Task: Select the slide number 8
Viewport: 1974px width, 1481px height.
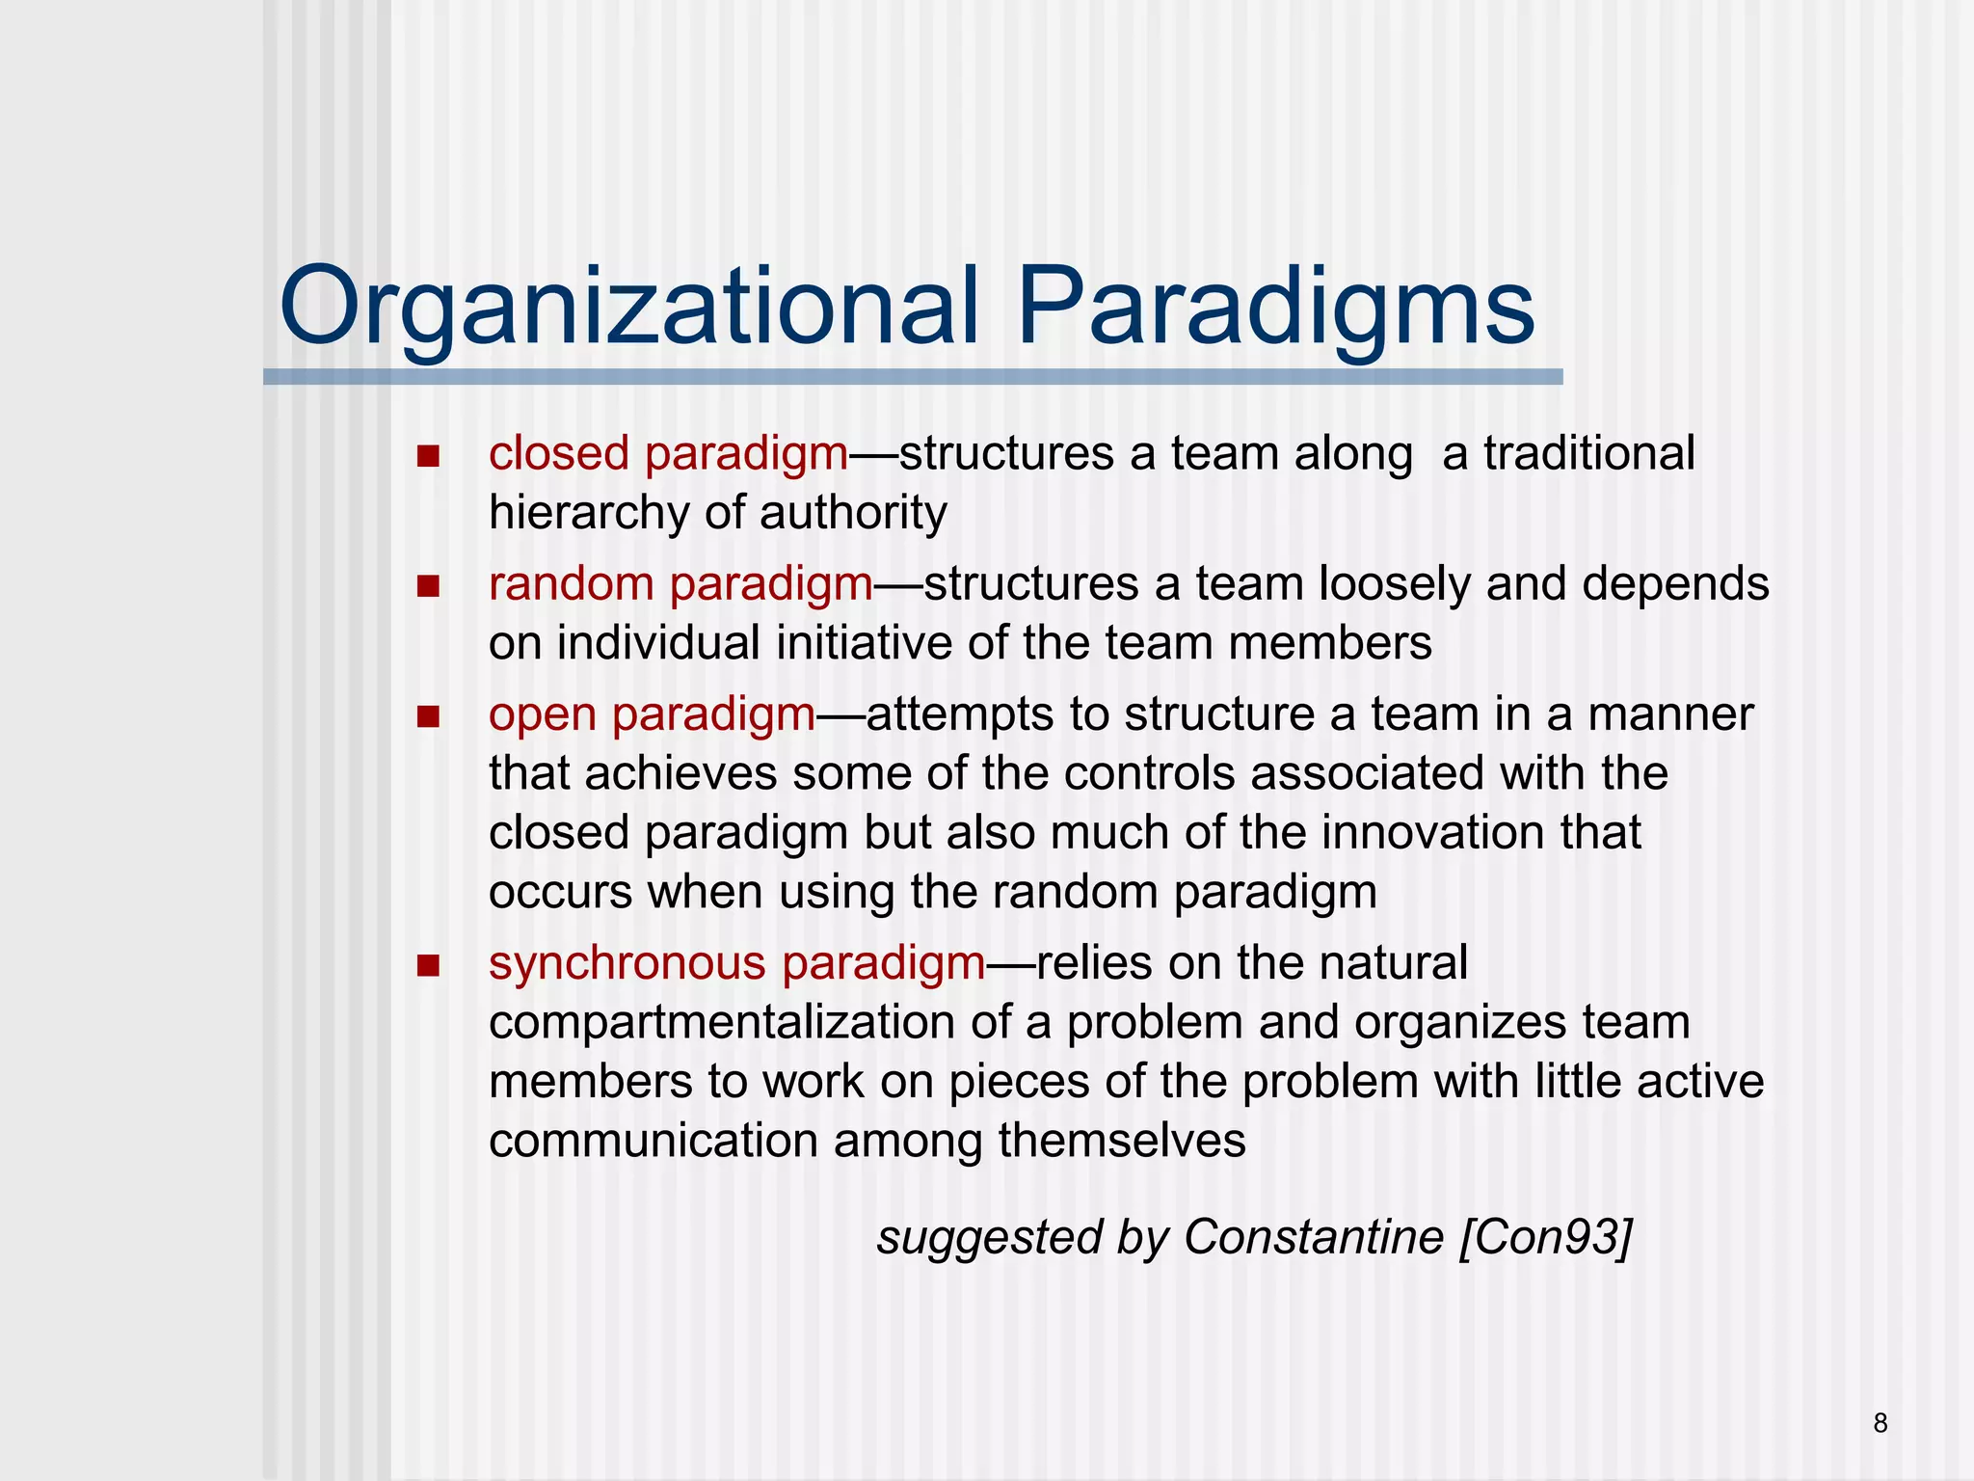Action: click(1881, 1423)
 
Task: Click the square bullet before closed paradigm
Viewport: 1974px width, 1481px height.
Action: click(428, 455)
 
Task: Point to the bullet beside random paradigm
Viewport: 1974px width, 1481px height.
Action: click(428, 585)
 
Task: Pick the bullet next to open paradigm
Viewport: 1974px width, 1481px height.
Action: click(428, 716)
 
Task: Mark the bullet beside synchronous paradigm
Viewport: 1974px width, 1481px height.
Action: click(428, 965)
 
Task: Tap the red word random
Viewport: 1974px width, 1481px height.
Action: click(572, 583)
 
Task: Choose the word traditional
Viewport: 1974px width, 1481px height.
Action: click(1588, 453)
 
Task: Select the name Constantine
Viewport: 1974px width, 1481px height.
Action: click(1313, 1237)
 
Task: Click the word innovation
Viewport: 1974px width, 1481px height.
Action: click(1432, 832)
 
